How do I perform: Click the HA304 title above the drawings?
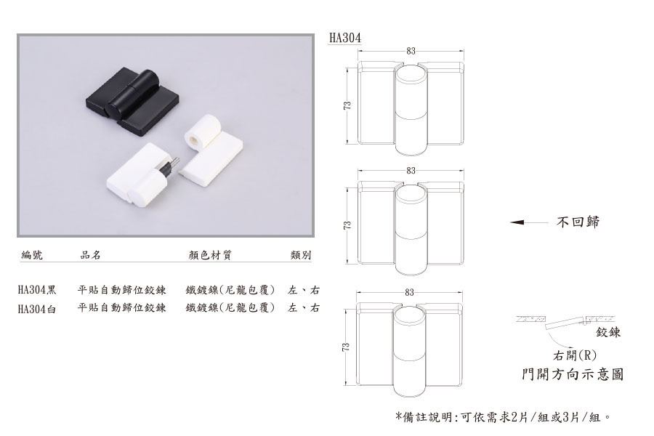(x=345, y=38)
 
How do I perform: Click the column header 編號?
(x=32, y=254)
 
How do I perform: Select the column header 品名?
(x=91, y=254)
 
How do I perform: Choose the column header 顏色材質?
(x=210, y=254)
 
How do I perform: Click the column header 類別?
(x=301, y=255)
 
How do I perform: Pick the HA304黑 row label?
(x=37, y=289)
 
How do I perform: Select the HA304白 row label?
(x=37, y=309)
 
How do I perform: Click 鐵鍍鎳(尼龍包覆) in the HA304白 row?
(x=230, y=308)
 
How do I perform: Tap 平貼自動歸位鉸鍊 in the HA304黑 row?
(x=122, y=289)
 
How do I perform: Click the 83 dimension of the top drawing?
(x=411, y=51)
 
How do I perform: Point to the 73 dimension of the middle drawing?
(x=347, y=225)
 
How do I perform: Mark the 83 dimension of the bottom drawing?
(x=409, y=292)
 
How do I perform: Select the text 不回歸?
(x=578, y=222)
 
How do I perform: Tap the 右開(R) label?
(x=575, y=355)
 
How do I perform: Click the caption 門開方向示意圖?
(x=573, y=374)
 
